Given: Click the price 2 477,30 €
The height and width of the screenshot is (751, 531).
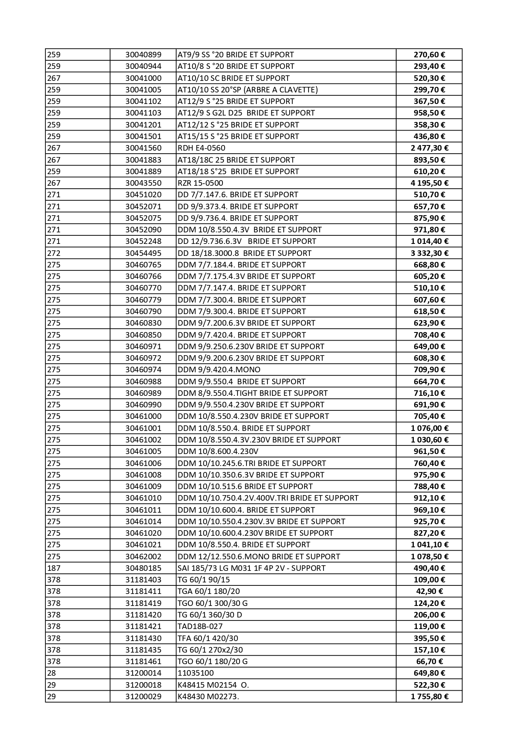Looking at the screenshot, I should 429,148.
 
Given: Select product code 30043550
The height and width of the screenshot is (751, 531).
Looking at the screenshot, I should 143,183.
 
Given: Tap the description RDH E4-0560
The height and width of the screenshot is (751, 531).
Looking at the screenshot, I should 201,148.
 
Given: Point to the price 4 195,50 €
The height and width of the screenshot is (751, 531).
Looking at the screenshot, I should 429,183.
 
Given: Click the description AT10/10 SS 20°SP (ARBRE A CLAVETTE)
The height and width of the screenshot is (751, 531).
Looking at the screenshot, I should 247,90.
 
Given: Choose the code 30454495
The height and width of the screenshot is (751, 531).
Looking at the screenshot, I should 143,253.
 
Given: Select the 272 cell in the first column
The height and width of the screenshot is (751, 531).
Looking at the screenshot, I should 54,253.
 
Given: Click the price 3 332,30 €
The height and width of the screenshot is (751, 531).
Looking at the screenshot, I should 429,253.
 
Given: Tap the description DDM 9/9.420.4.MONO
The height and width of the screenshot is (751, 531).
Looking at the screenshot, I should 219,370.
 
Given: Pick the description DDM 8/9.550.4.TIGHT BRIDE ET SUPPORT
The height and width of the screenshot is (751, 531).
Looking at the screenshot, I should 252,393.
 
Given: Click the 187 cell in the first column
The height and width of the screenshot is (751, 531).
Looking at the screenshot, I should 54,568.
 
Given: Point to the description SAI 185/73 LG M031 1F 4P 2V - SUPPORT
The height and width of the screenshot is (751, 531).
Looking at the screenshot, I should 251,568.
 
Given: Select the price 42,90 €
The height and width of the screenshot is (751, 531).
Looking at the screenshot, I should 429,591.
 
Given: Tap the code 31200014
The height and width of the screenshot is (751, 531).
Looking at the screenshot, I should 143,673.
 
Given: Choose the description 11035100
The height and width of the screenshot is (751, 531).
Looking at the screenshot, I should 196,673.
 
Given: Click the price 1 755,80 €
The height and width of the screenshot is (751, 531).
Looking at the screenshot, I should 429,697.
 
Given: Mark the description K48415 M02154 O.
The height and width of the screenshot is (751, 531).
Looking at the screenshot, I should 213,685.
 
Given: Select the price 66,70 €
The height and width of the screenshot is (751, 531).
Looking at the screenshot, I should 429,662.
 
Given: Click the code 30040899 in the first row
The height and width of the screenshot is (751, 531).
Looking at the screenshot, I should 143,55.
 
